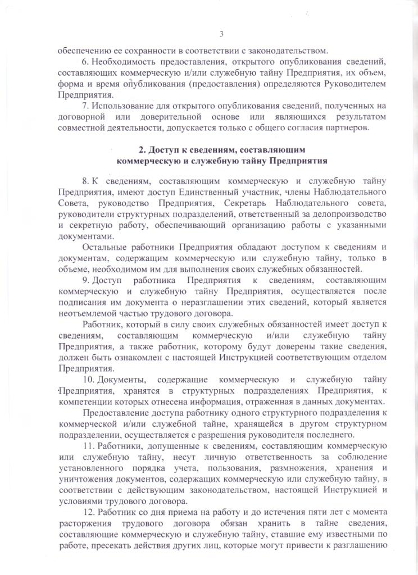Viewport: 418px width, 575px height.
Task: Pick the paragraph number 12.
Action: point(89,512)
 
